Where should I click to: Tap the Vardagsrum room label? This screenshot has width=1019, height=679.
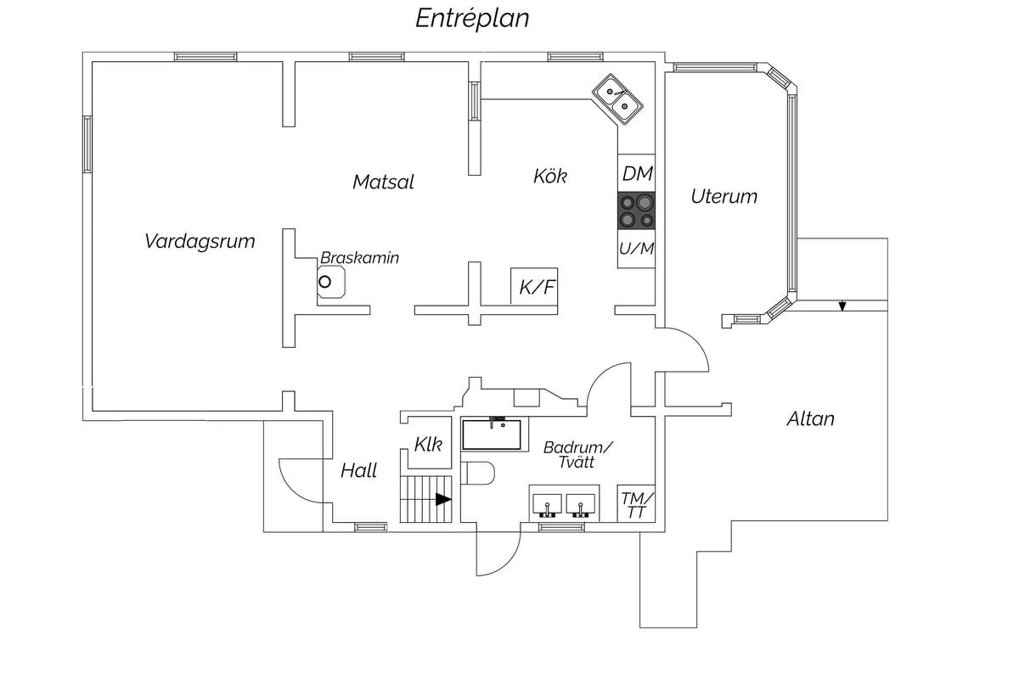200,241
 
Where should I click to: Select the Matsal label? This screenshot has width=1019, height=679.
383,182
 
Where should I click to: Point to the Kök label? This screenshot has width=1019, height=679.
550,176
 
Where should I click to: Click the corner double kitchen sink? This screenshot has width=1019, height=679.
617,99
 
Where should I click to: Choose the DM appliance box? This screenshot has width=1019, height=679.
636,173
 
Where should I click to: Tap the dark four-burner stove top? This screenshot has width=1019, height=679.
636,210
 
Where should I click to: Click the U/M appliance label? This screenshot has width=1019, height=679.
636,249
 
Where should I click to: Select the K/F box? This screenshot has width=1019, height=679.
534,286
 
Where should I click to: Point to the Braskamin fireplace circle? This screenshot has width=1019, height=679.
324,282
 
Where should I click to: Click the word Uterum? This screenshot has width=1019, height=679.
723,196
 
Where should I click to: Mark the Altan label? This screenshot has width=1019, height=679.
810,419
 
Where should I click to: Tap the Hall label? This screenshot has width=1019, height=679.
358,471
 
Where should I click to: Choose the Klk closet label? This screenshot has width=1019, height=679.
428,445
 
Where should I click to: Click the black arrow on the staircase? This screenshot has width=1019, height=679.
443,499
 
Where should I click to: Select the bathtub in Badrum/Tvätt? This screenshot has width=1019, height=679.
492,435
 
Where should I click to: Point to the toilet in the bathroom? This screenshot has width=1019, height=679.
477,474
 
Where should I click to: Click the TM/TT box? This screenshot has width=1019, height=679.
636,503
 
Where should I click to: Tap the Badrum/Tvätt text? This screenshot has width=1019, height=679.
577,455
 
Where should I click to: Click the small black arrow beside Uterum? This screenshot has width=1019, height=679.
842,306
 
